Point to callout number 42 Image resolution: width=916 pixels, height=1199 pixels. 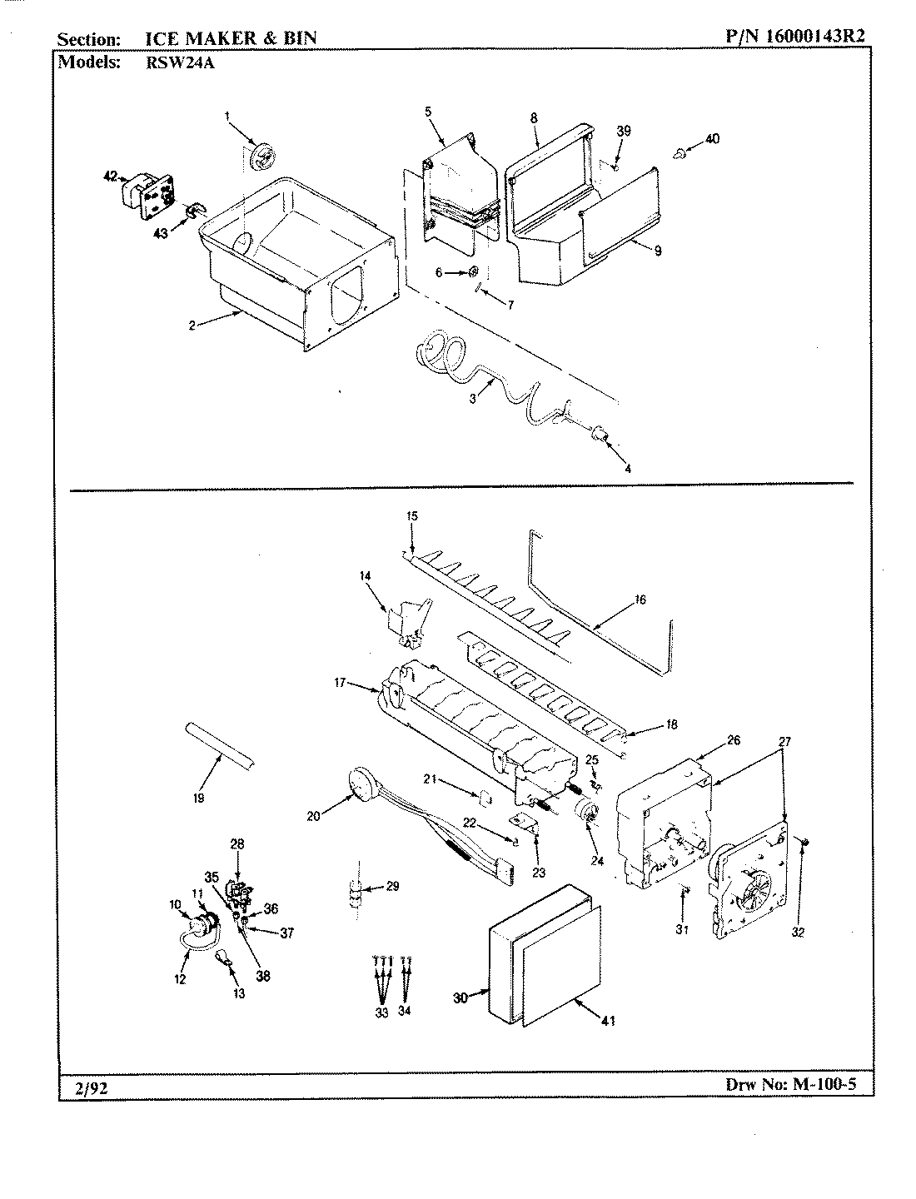click(x=111, y=176)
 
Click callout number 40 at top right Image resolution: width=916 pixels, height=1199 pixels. click(x=712, y=139)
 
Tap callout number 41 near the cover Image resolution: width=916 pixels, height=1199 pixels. click(x=608, y=1021)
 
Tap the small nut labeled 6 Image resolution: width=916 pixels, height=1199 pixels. click(x=474, y=271)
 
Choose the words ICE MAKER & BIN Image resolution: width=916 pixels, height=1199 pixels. click(x=225, y=38)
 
